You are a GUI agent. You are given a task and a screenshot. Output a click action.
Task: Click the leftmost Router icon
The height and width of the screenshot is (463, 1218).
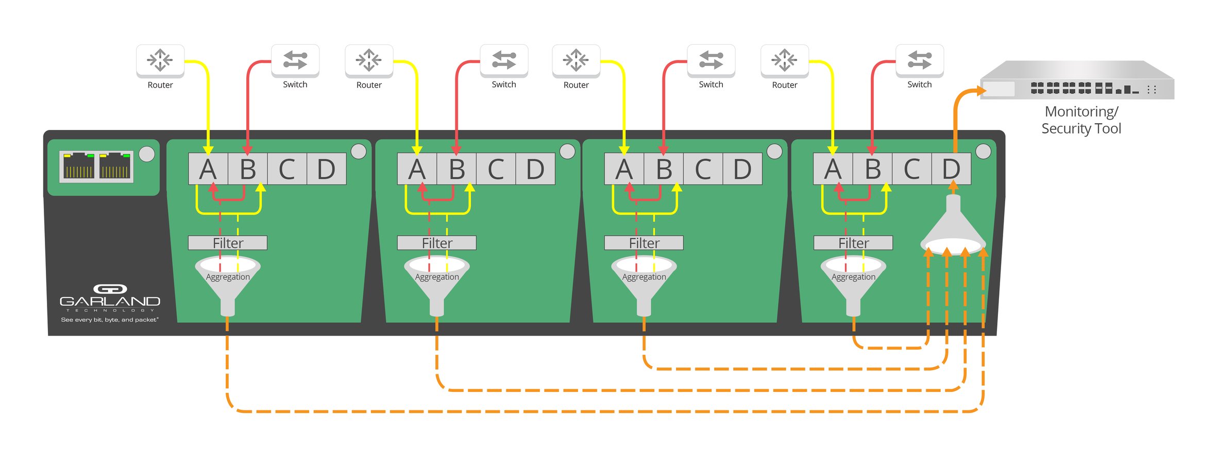160,60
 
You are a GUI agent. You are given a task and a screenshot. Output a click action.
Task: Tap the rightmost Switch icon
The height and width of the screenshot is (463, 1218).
919,60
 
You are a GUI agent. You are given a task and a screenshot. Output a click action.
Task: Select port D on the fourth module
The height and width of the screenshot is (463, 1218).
951,169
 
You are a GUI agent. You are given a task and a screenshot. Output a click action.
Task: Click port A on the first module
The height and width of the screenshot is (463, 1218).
208,169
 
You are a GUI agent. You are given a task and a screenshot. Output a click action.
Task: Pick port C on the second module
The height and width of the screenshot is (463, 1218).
496,169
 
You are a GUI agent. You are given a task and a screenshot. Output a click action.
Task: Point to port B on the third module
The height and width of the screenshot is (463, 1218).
664,169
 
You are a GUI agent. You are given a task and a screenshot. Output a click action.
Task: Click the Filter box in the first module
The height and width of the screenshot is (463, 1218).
228,243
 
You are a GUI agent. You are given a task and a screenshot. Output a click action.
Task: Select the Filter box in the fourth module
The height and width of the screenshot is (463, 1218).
853,243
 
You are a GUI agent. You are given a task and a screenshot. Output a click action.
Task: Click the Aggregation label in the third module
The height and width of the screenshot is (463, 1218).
644,277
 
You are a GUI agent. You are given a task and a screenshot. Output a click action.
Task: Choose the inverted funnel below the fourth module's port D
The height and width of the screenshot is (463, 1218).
953,227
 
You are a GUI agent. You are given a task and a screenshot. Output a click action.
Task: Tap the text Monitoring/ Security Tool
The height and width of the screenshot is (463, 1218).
1081,120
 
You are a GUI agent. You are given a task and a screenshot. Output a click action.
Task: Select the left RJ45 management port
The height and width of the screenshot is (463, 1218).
78,167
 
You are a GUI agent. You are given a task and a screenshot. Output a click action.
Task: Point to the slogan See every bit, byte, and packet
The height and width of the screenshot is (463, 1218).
110,320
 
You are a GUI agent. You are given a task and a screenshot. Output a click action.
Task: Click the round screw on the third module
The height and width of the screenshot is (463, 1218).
774,151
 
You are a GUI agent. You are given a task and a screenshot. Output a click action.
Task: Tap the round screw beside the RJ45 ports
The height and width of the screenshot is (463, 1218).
147,154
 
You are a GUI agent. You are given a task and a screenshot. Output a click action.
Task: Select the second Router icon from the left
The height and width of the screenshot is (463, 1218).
369,60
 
